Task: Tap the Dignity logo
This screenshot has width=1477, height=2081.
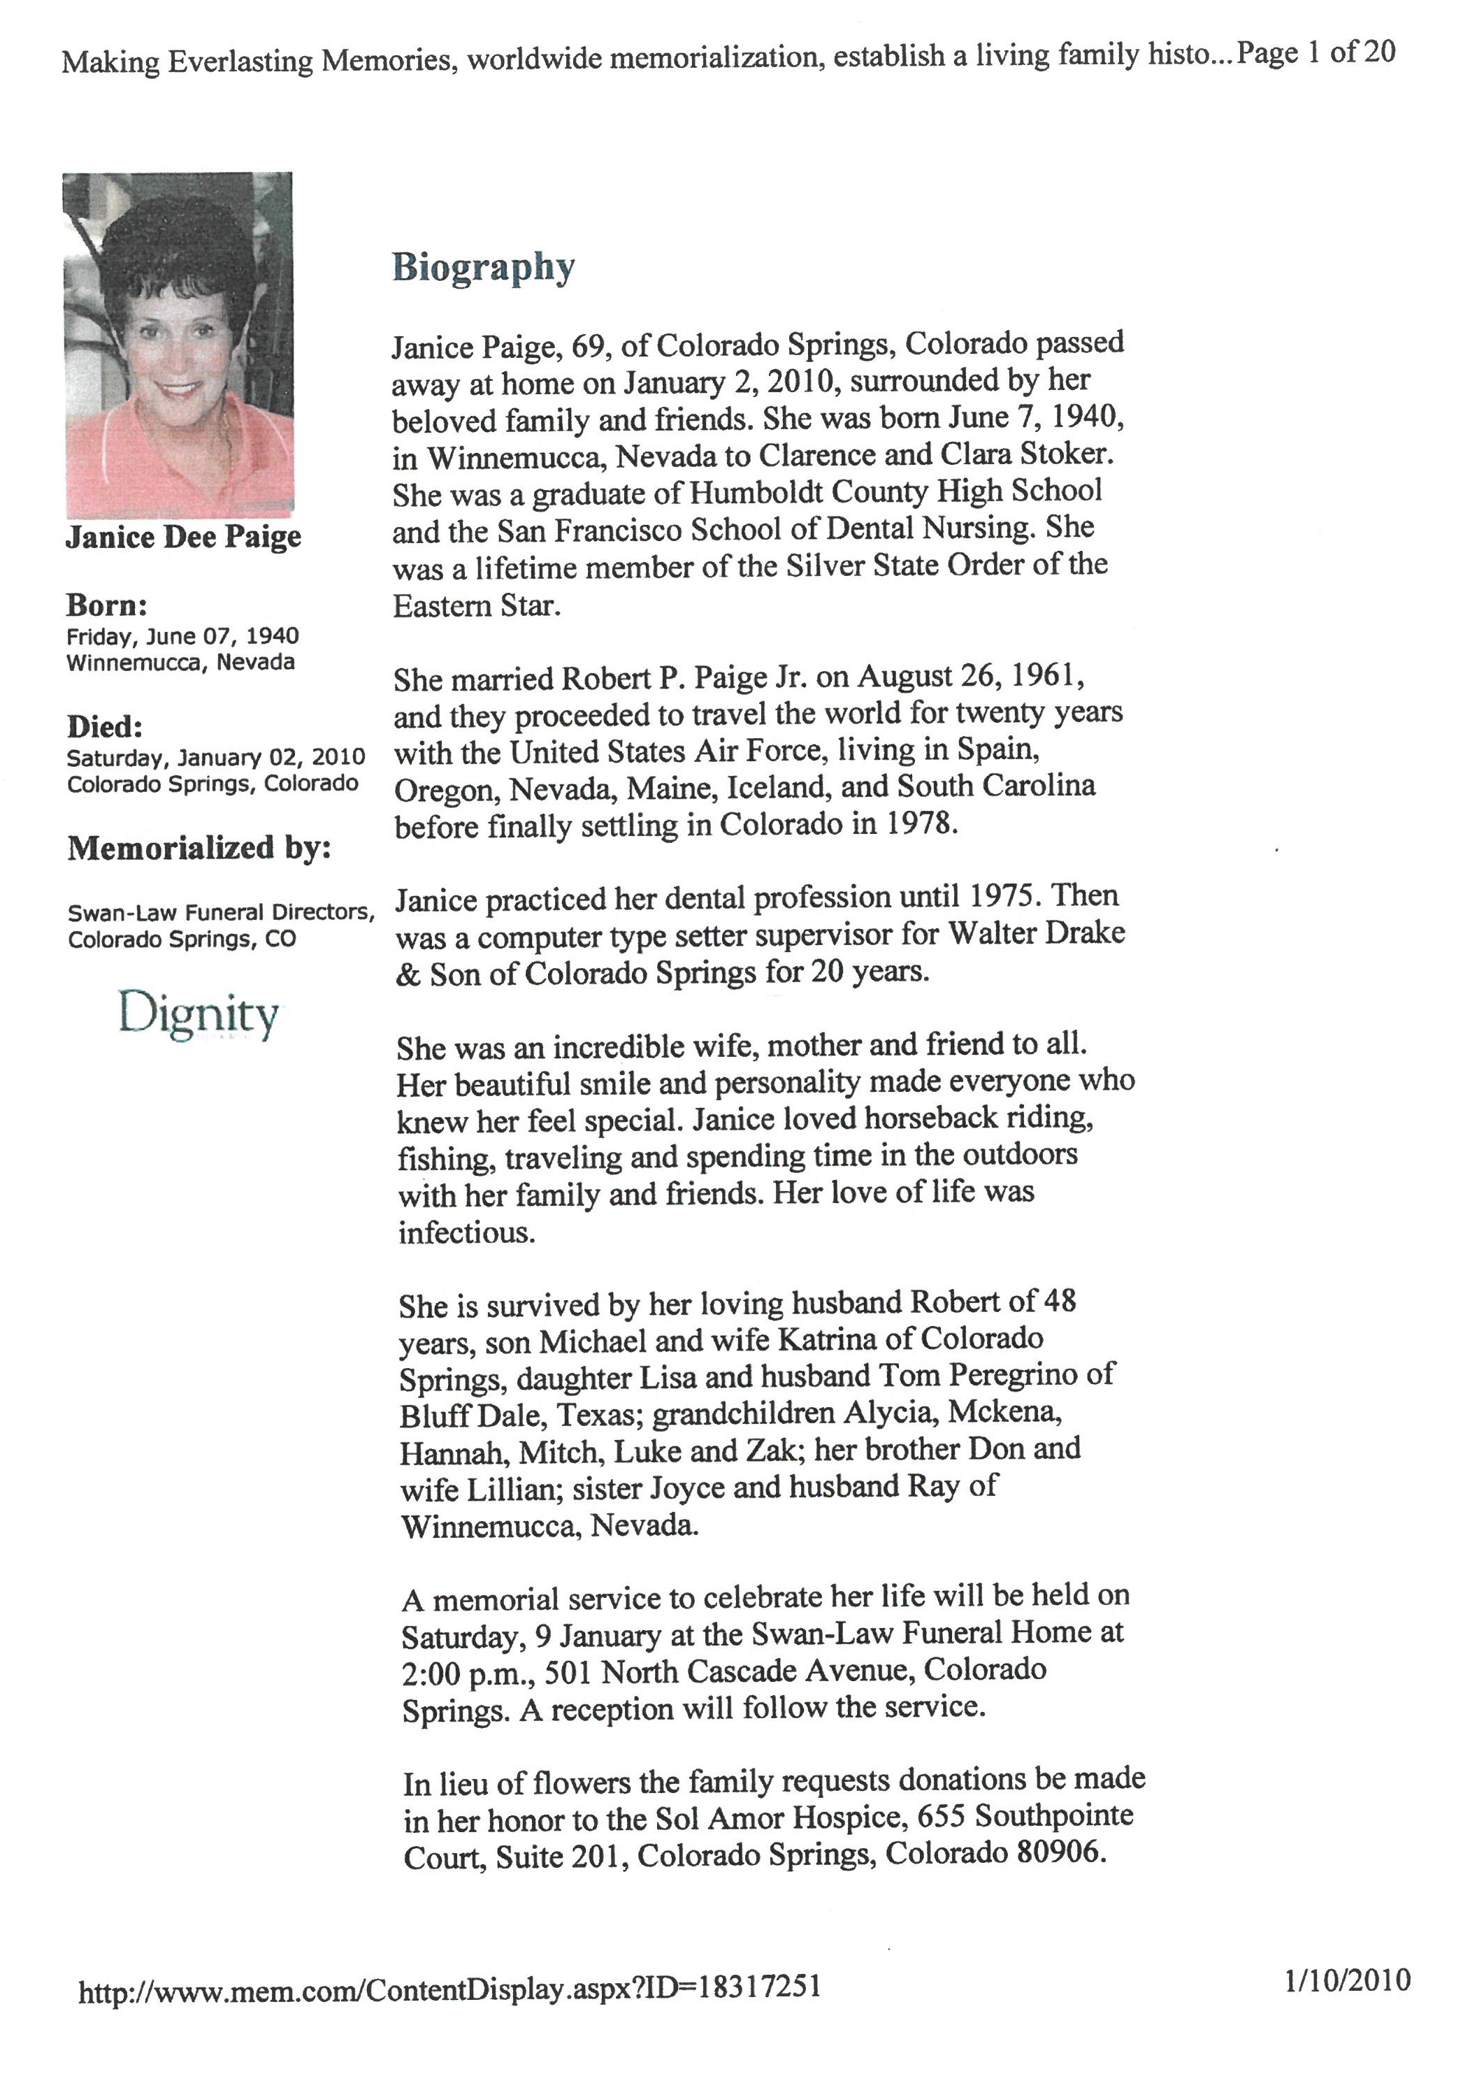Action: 199,1015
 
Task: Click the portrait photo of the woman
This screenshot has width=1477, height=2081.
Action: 179,345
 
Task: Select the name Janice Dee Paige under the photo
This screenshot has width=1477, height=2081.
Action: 183,537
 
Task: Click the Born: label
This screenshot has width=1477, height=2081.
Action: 106,605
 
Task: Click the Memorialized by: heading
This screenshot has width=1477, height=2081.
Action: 199,848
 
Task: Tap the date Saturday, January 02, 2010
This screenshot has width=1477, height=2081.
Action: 215,757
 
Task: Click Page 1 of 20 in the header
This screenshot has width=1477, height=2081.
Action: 1316,52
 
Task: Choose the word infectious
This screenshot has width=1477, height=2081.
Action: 466,1232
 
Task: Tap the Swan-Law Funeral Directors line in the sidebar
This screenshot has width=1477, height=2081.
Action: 221,912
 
